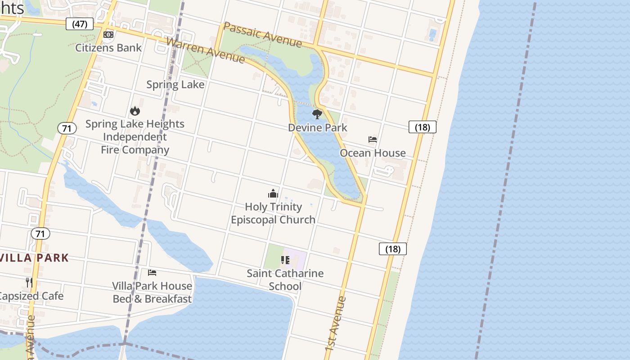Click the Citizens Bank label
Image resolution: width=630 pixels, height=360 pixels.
[108, 48]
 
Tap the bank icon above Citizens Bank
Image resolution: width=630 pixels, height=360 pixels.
[108, 35]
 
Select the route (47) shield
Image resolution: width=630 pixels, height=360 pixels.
[80, 24]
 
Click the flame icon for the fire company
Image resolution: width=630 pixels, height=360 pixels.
[135, 111]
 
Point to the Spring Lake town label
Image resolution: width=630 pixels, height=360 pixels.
[175, 85]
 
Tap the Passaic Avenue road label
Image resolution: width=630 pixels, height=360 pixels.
[262, 35]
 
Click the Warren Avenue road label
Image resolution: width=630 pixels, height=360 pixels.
[206, 50]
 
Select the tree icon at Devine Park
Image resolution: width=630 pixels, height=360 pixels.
[317, 114]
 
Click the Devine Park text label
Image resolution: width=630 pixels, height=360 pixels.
[318, 127]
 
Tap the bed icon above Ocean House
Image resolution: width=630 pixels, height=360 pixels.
[373, 139]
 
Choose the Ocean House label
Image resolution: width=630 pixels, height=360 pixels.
[373, 153]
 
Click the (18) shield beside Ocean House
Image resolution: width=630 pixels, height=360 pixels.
[422, 127]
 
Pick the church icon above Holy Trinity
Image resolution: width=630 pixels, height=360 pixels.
[273, 194]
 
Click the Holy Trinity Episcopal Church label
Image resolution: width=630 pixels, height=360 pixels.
[273, 213]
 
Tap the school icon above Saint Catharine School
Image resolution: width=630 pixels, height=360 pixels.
[285, 260]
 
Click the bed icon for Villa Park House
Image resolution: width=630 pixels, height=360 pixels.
[152, 273]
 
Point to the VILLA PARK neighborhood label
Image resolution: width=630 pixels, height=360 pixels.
[35, 258]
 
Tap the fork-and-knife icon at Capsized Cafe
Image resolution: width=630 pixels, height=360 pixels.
[29, 283]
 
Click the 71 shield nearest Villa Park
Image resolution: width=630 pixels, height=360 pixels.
[40, 234]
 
